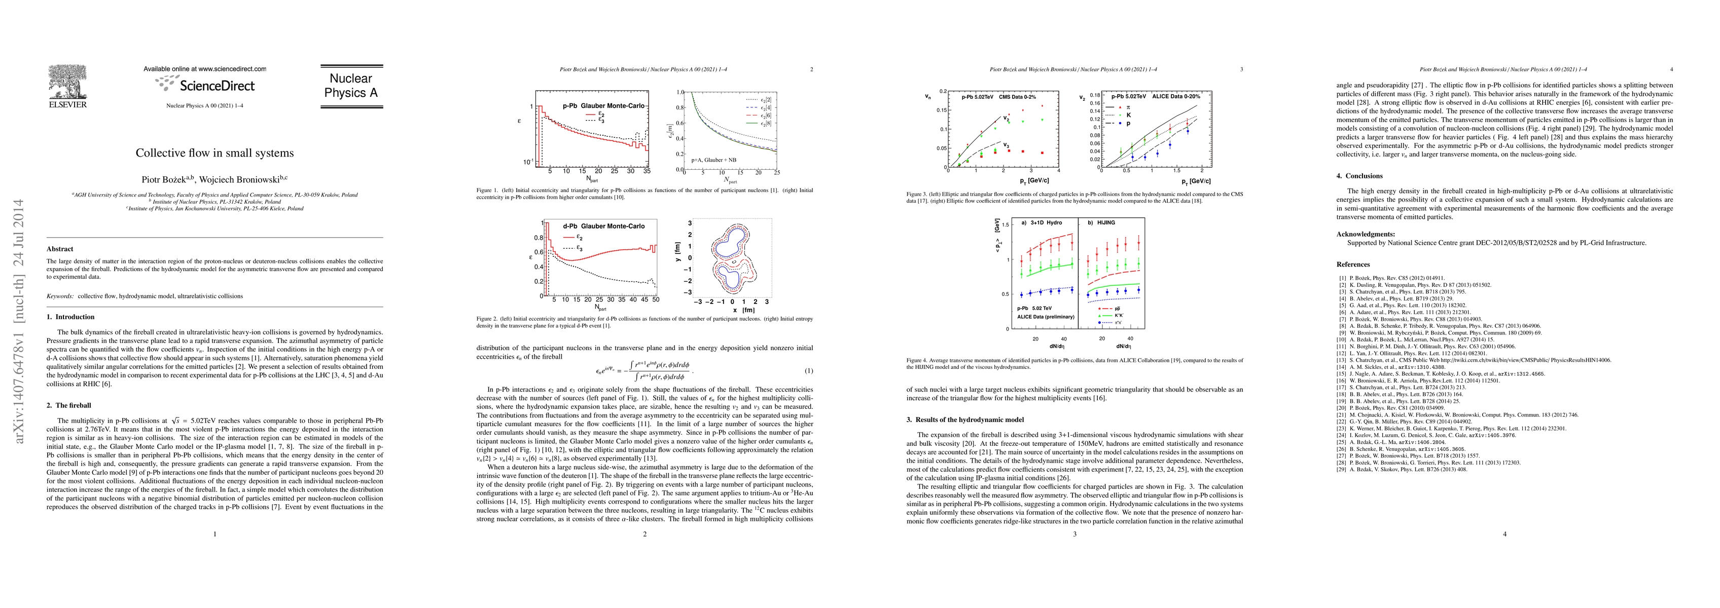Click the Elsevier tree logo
[67, 83]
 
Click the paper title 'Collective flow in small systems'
[214, 153]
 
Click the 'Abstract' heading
[60, 249]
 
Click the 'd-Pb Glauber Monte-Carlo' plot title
[603, 226]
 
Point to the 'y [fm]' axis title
[678, 257]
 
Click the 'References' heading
[1353, 264]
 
